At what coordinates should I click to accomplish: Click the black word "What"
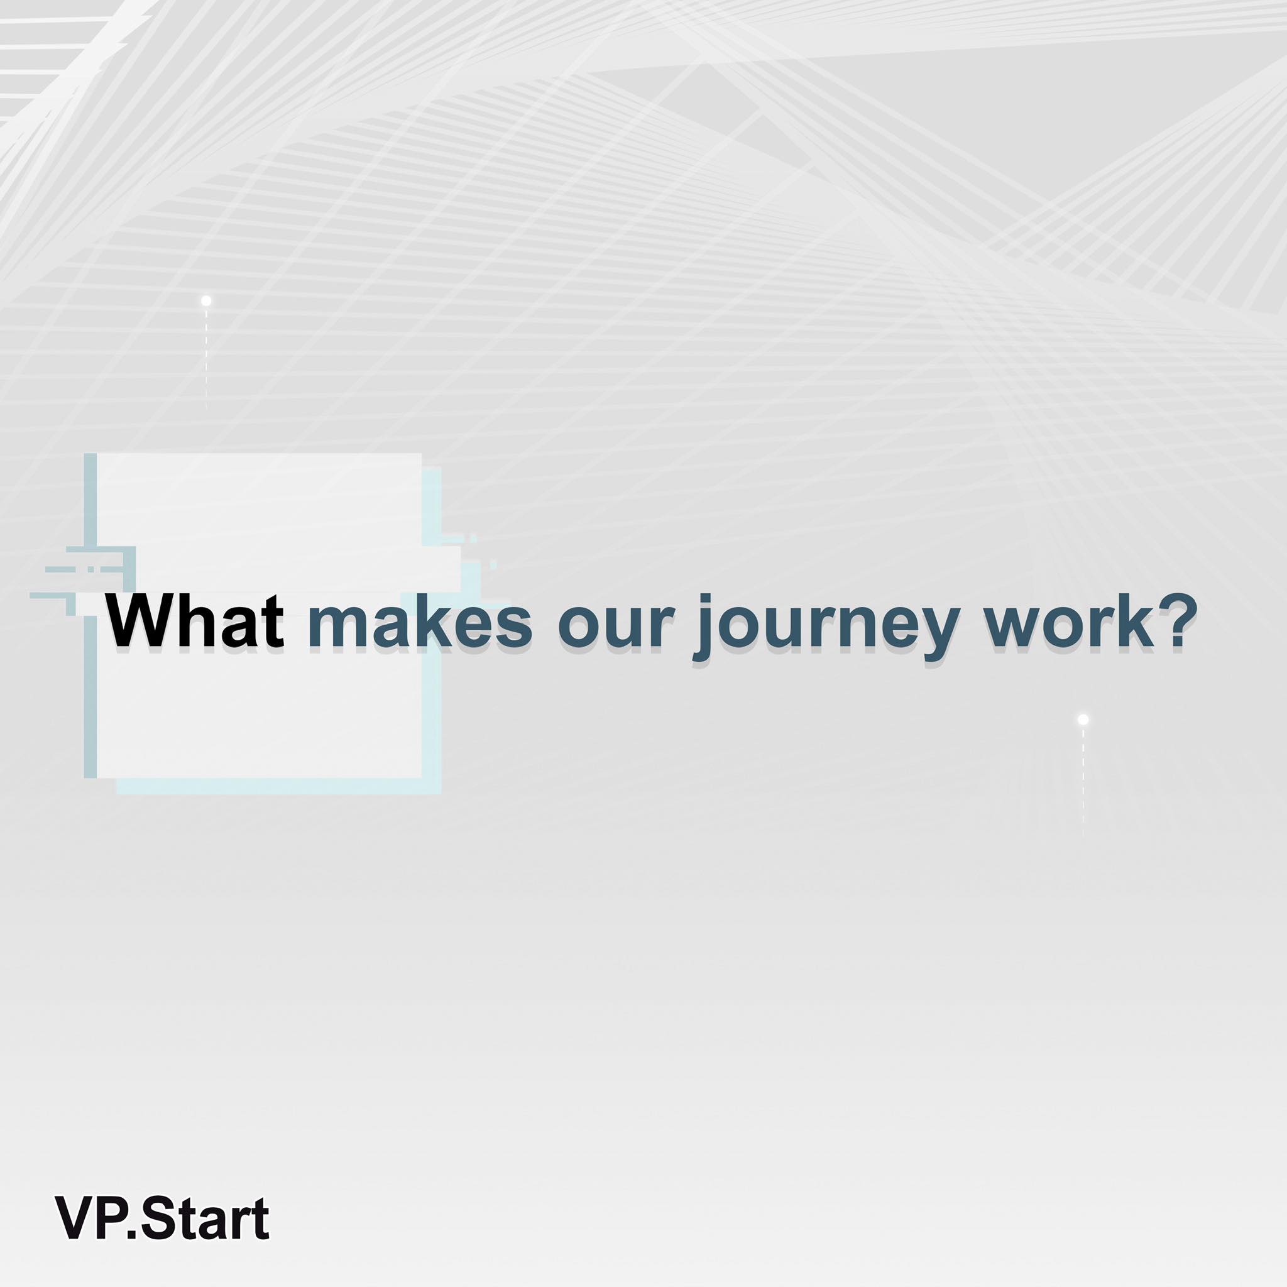196,621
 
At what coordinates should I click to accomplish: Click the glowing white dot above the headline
207,301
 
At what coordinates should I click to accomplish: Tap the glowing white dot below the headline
1083,720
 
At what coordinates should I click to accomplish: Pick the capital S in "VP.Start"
158,1219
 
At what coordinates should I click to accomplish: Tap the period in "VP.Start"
131,1234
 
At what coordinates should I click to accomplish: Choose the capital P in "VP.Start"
111,1219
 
